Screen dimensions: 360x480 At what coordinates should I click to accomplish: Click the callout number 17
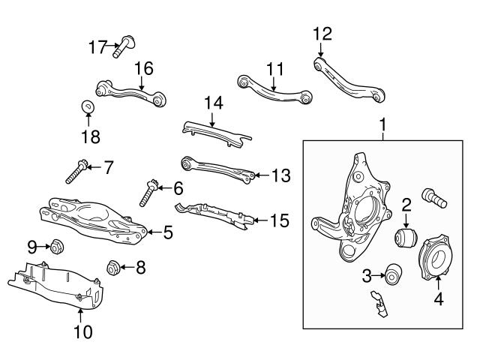(x=97, y=47)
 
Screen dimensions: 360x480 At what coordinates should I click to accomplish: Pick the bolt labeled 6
(x=147, y=194)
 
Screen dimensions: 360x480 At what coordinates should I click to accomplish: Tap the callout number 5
(x=168, y=233)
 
